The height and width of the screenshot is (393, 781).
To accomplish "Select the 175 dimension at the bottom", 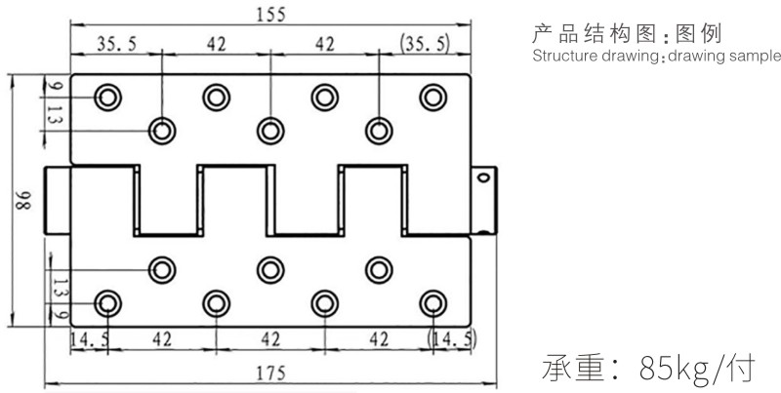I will (266, 372).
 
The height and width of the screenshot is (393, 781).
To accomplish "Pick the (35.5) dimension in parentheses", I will (424, 43).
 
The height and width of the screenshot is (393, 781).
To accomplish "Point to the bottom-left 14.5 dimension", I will (89, 338).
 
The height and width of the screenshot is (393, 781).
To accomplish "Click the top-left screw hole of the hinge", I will (106, 96).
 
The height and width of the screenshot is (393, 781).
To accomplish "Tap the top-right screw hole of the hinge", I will (432, 96).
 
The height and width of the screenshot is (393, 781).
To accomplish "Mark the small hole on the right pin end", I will (481, 177).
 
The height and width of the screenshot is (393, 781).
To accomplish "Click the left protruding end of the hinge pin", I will (59, 199).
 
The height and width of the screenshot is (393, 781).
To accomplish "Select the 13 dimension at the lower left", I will (56, 288).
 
